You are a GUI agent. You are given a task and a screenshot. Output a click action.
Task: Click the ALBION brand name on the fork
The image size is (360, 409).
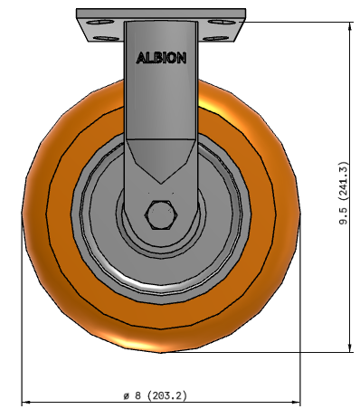161,58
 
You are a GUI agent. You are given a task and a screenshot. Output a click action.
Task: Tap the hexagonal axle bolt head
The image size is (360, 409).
161,214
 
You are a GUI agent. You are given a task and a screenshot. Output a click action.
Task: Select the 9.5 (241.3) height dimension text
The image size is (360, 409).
344,194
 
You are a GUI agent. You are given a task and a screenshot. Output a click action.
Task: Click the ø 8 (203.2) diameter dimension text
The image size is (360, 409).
156,395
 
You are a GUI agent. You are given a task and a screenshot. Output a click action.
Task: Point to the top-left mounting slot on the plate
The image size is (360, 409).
99,22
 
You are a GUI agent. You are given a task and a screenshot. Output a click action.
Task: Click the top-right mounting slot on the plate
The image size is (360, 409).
220,22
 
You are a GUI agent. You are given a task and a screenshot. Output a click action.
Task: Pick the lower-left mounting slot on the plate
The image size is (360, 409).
106,39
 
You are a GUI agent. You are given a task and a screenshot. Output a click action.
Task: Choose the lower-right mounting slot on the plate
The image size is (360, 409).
215,39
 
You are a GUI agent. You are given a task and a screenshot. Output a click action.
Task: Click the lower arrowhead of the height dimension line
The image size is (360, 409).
350,348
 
